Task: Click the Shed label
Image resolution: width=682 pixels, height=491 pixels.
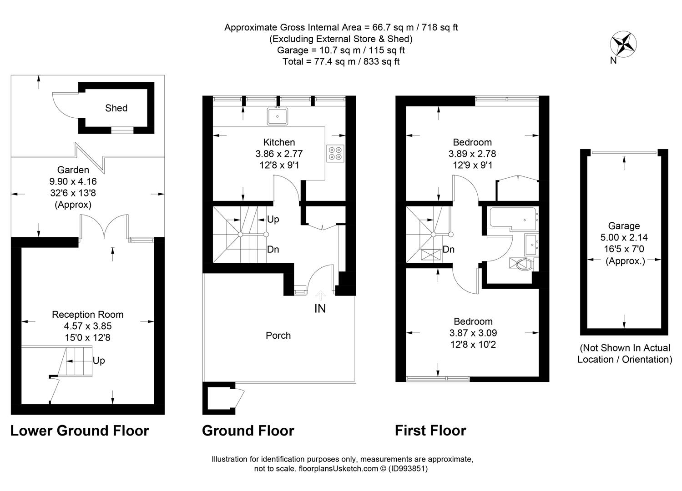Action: (116, 108)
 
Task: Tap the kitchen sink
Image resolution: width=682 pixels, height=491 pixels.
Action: (278, 116)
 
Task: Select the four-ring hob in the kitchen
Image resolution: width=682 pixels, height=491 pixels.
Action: (335, 154)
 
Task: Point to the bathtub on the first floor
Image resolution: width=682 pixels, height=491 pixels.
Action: (513, 219)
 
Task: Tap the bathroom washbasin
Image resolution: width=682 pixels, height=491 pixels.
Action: (531, 245)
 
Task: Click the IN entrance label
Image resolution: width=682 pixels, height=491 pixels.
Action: (320, 309)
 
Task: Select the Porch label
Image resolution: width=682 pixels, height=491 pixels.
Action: (278, 335)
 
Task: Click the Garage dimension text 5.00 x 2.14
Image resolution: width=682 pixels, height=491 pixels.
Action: (624, 237)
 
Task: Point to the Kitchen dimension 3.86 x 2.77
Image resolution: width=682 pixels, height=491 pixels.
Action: (279, 154)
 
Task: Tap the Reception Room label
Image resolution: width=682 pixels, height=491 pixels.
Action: (88, 314)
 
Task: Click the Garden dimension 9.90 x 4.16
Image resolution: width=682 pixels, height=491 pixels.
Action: (73, 181)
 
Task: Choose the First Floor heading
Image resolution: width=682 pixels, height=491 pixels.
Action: (430, 431)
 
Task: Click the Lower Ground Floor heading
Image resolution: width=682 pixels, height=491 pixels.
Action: (80, 431)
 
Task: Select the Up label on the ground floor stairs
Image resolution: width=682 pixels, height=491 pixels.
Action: (273, 219)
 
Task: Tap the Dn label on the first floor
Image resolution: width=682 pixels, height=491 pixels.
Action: (449, 250)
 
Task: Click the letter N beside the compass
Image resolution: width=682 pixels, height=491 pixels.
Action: (613, 60)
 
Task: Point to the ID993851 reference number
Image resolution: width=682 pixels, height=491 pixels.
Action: (408, 468)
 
